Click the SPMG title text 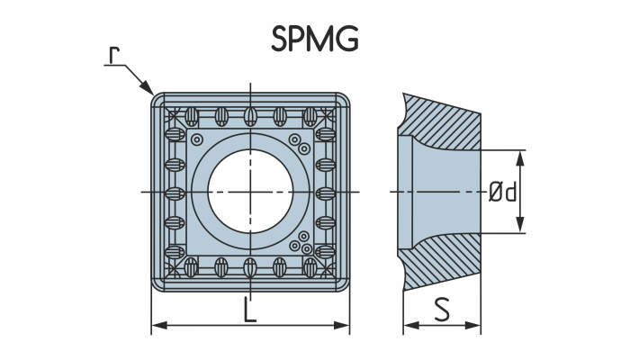coord(314,39)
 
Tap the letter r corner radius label coord(113,56)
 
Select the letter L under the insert coord(250,310)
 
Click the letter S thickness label coord(442,310)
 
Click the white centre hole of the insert coord(250,192)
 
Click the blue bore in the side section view coord(441,192)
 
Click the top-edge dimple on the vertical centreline coord(250,116)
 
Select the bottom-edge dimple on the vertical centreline coord(250,266)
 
